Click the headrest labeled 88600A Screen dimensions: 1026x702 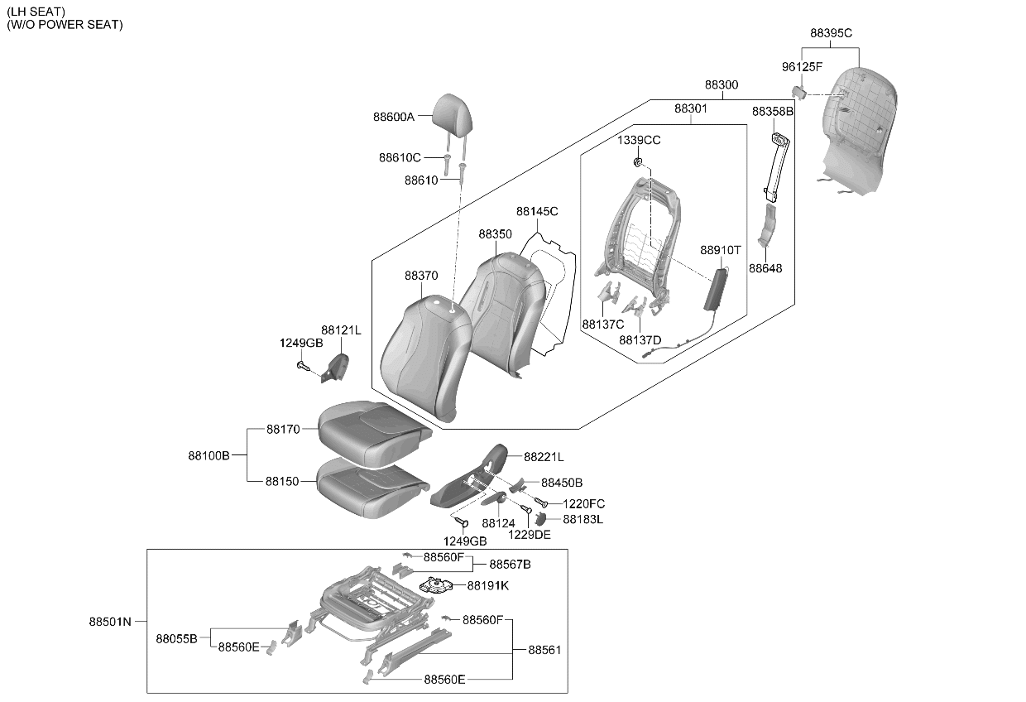coord(453,115)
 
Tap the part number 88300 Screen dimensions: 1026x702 coord(722,84)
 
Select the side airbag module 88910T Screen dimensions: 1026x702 coord(716,290)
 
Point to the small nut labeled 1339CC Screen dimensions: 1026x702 coord(637,161)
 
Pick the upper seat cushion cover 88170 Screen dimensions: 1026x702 coord(373,430)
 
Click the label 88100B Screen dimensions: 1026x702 coord(209,455)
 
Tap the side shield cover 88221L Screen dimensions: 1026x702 coord(469,477)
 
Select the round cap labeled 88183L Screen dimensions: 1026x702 coord(540,519)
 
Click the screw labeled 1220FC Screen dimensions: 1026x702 coord(541,502)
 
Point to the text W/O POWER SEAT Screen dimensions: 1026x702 coord(65,25)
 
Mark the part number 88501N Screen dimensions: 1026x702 coord(110,622)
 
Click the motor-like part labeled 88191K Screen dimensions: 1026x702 coord(435,585)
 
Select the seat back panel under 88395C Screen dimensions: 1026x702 coord(857,131)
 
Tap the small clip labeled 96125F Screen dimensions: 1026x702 coord(799,92)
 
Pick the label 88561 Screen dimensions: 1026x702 coord(544,650)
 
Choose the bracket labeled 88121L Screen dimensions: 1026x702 coord(335,368)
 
